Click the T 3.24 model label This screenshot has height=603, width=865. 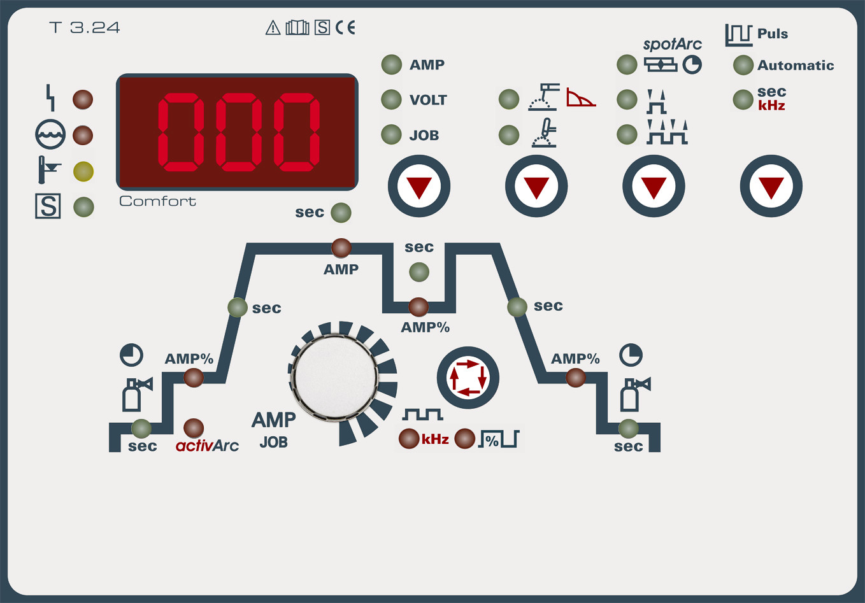[x=84, y=27]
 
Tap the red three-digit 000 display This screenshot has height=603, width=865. [x=237, y=132]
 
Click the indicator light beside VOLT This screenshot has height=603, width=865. [x=391, y=99]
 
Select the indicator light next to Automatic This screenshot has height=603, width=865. [x=743, y=65]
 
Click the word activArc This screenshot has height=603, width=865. [x=207, y=446]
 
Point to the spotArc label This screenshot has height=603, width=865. [x=672, y=44]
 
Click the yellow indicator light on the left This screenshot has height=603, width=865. [x=83, y=171]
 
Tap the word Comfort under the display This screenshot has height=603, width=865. [x=157, y=201]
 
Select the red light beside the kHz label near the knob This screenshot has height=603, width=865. [x=408, y=439]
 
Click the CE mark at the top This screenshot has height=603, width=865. [x=345, y=27]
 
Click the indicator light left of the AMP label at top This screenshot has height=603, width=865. [x=391, y=64]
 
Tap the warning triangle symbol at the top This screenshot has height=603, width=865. [x=273, y=27]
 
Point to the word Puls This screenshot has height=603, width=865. [x=772, y=34]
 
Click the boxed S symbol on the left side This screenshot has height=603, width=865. [x=48, y=206]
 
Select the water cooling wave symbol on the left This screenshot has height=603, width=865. [x=50, y=135]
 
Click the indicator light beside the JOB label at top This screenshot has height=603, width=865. [x=391, y=135]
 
